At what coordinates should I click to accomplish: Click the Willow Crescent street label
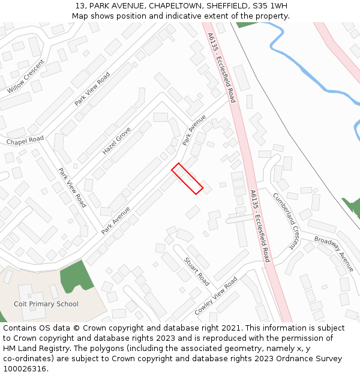click(x=26, y=76)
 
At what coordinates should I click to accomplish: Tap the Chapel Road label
click(x=25, y=140)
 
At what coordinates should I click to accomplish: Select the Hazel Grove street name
click(x=116, y=140)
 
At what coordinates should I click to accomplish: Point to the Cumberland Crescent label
click(x=286, y=220)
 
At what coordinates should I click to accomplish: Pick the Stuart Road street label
click(x=197, y=271)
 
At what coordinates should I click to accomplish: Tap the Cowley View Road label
click(x=216, y=296)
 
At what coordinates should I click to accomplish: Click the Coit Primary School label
click(x=46, y=304)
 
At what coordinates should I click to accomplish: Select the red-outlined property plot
click(x=187, y=178)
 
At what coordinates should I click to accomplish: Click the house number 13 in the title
click(x=80, y=6)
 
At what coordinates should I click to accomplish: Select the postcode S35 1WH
click(x=270, y=6)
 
